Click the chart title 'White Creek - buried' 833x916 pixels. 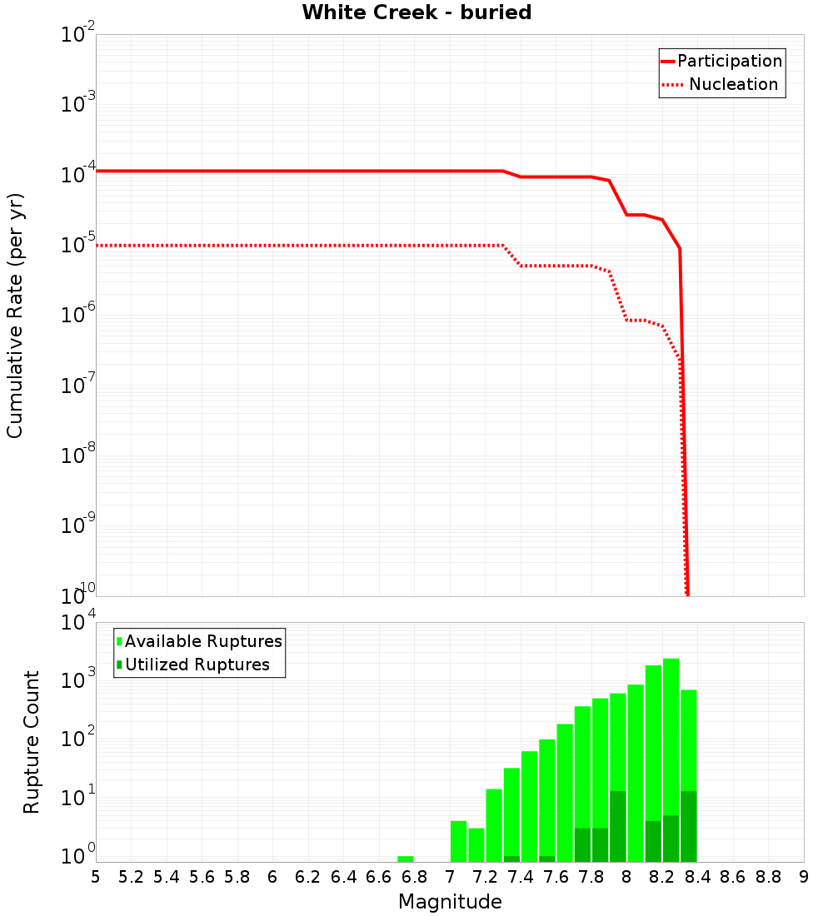click(x=416, y=12)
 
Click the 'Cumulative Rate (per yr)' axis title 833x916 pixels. click(x=15, y=316)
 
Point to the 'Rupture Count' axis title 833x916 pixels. click(x=32, y=742)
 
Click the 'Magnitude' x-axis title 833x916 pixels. click(x=450, y=902)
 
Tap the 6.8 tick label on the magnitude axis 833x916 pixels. click(x=414, y=877)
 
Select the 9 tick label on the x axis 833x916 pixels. click(x=804, y=877)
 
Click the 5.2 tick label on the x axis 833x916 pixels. click(x=131, y=877)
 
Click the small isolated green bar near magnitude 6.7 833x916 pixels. click(x=406, y=859)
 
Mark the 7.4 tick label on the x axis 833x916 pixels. click(x=521, y=877)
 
